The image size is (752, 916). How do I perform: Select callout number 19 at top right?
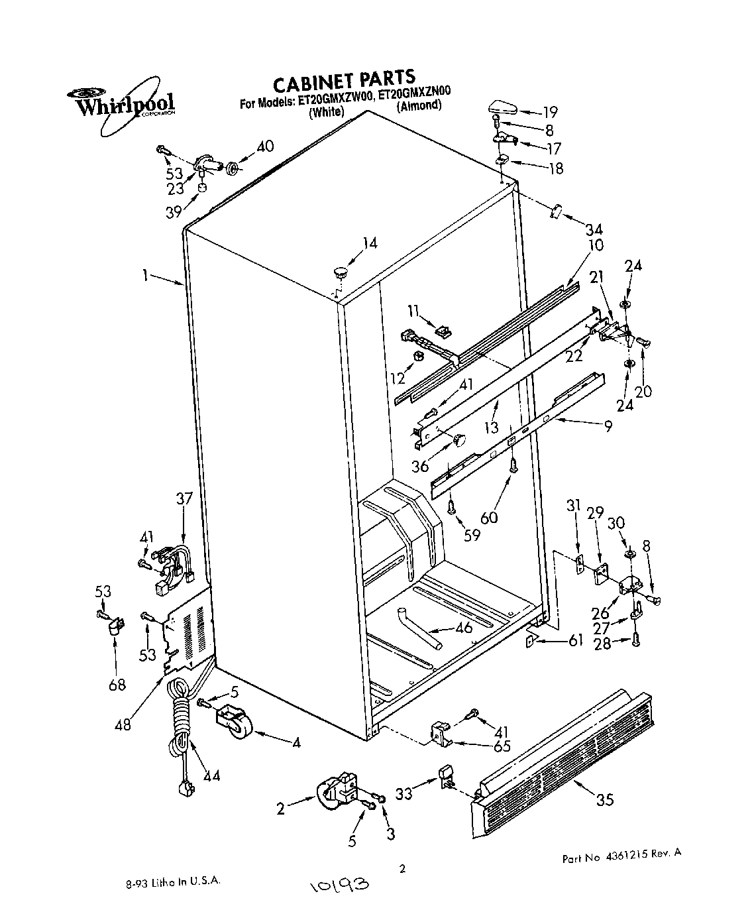549,111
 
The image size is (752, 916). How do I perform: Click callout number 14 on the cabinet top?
369,244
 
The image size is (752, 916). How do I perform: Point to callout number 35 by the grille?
604,799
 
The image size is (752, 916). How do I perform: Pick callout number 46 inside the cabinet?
464,627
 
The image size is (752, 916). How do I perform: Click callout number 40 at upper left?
264,146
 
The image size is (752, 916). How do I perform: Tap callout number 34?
594,230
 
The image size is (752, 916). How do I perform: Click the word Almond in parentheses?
419,106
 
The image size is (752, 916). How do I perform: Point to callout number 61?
575,640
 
